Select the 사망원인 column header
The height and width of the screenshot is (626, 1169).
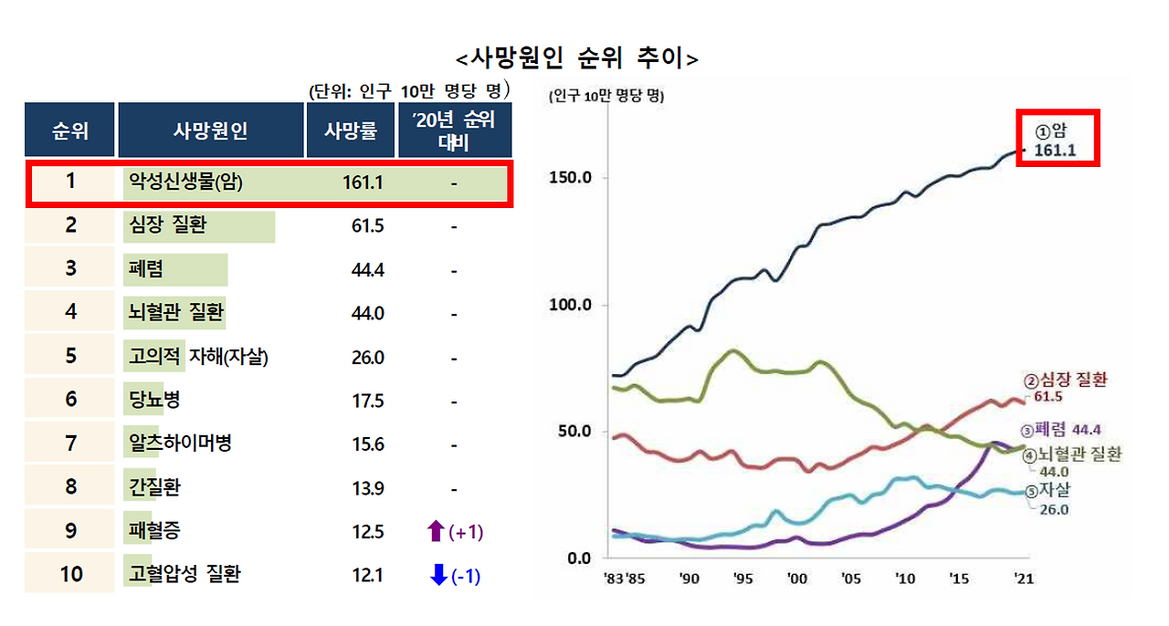(x=210, y=130)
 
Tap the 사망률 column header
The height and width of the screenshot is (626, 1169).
(x=351, y=130)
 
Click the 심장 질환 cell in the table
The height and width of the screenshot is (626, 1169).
(x=168, y=225)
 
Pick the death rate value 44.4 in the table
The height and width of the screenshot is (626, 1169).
(x=367, y=270)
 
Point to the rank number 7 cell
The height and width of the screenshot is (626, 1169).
(x=70, y=443)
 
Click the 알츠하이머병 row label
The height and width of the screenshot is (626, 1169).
(x=181, y=443)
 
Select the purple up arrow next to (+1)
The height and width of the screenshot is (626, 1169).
(x=436, y=531)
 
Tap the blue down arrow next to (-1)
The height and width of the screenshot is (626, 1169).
(x=438, y=575)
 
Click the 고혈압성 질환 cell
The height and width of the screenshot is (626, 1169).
(x=185, y=575)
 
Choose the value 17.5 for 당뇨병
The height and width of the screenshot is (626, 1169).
(x=367, y=401)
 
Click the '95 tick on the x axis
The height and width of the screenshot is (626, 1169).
(x=744, y=579)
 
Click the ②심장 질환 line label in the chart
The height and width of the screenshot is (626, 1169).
(x=1064, y=381)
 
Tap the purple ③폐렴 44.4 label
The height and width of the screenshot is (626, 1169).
(x=1059, y=430)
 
